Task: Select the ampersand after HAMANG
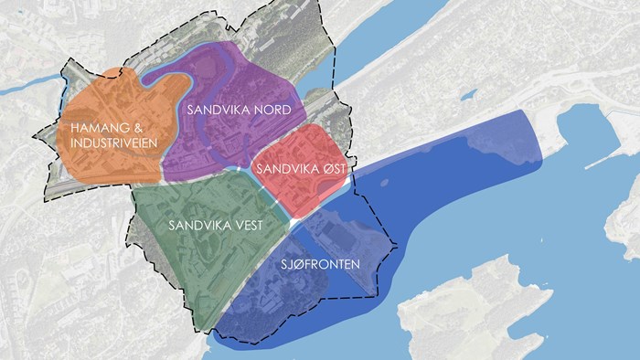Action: [x=136, y=128]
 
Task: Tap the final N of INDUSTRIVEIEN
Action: [x=155, y=144]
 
